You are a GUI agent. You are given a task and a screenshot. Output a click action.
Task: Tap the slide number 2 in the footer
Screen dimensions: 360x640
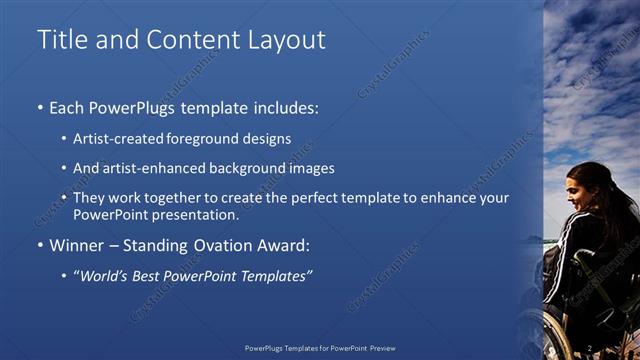(591, 349)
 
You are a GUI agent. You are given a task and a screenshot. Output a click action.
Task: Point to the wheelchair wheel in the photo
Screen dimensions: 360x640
(560, 335)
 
